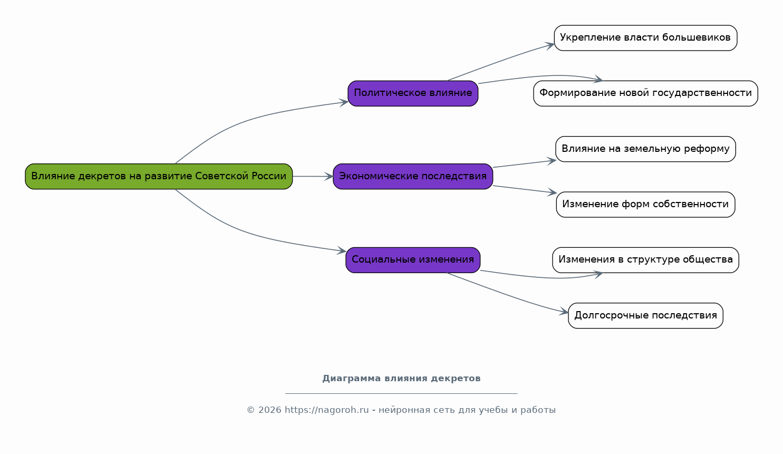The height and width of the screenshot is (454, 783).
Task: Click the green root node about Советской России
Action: [x=158, y=176]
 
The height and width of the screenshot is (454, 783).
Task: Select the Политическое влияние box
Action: [x=413, y=93]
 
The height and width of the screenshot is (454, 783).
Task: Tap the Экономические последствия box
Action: [x=413, y=176]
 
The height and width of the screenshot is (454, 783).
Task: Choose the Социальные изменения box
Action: [x=413, y=259]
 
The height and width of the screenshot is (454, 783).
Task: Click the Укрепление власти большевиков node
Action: [x=645, y=38]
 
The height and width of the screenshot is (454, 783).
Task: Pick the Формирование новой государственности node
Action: [x=645, y=93]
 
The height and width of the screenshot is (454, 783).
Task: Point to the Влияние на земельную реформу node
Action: [x=645, y=149]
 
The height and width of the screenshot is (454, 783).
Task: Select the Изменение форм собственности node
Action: [x=645, y=204]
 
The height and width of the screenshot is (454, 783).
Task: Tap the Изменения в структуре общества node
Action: [x=645, y=259]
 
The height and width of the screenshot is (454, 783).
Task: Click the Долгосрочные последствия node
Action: [x=645, y=315]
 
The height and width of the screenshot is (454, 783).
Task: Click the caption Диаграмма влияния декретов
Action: [x=401, y=379]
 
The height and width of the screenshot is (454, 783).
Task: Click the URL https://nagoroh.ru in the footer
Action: [x=326, y=410]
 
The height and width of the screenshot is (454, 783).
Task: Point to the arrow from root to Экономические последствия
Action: [x=313, y=176]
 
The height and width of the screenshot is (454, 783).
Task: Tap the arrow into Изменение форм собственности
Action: [x=525, y=189]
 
